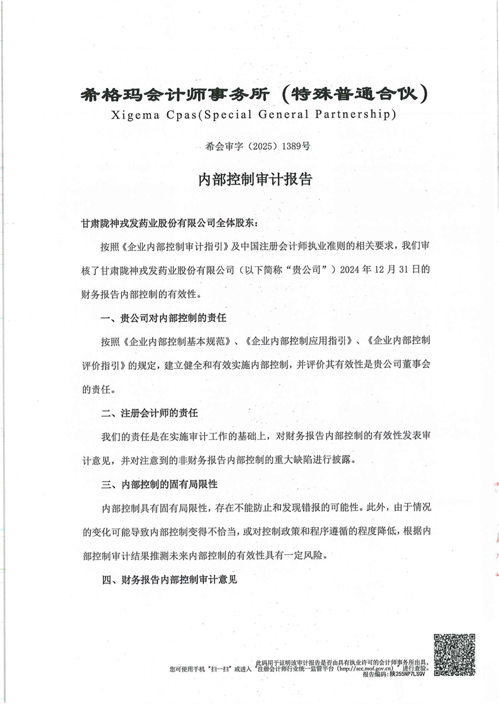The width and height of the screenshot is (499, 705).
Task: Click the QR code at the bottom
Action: [x=454, y=655]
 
